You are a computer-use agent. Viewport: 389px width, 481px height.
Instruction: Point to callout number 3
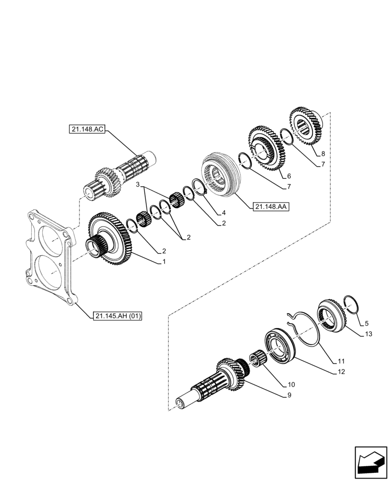(x=138, y=184)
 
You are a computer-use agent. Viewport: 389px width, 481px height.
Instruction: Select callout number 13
(x=369, y=333)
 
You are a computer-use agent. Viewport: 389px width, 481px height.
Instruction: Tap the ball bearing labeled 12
(x=280, y=344)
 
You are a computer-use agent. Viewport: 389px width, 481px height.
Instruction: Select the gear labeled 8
(x=307, y=127)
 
